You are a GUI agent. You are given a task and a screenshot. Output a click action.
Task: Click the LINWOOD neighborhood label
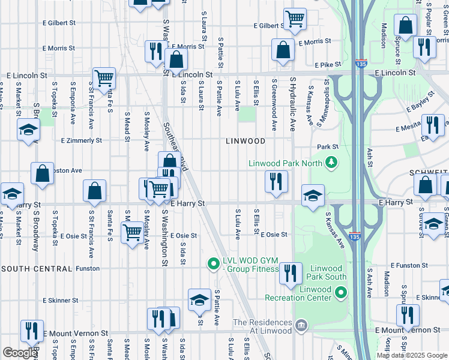(246, 141)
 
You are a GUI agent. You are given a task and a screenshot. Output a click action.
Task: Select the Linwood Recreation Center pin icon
(341, 293)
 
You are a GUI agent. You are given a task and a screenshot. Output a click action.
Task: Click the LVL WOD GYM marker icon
(212, 263)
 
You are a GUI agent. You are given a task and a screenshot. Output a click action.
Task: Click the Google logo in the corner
(19, 352)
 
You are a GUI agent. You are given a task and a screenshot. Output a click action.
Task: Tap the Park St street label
(328, 146)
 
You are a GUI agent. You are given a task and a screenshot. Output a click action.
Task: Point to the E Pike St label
(327, 64)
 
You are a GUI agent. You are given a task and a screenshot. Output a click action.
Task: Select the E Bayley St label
(420, 103)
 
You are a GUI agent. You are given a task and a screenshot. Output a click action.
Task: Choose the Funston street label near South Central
(88, 268)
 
